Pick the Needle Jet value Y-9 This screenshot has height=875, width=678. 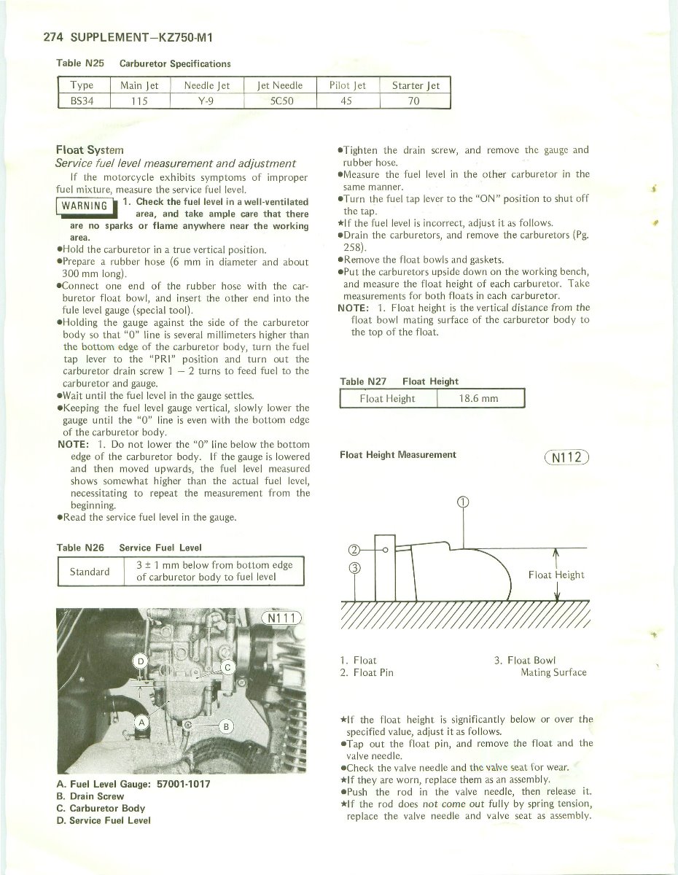206,101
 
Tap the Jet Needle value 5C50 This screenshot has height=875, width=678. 281,101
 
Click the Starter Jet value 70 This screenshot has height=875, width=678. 413,101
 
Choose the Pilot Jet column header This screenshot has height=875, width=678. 347,85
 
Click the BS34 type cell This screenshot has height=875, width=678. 82,101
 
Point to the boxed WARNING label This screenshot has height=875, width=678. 85,205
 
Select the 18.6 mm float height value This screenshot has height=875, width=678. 478,399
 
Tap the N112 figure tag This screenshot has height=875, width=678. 566,458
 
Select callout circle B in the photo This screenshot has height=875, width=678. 225,727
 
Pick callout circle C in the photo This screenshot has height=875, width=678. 227,667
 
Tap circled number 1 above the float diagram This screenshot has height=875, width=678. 463,502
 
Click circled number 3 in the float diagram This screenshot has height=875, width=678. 354,570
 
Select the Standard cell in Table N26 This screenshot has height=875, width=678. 90,572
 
